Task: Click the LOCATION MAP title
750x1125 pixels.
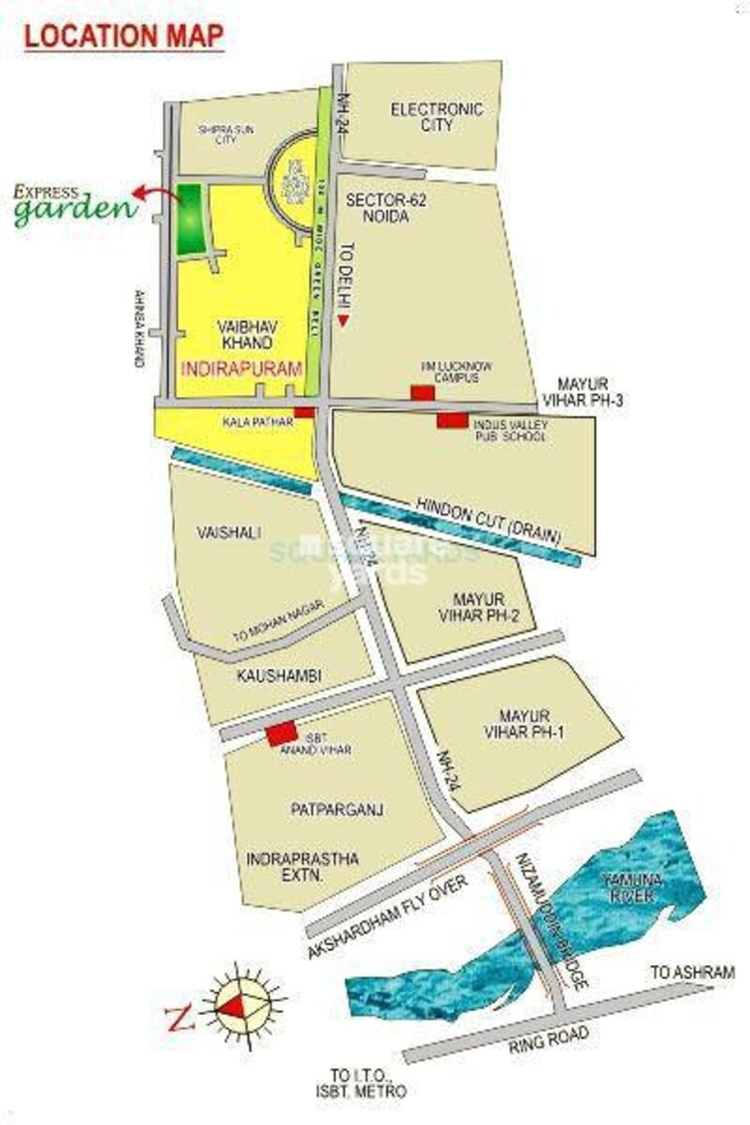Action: [123, 36]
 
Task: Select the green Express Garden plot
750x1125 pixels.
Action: [189, 221]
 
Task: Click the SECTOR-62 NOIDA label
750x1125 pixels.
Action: [377, 208]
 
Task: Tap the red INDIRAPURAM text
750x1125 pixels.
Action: [241, 367]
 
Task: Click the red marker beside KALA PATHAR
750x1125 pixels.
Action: [305, 412]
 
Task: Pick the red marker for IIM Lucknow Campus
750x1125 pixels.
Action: [422, 393]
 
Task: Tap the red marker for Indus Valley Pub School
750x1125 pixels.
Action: [452, 421]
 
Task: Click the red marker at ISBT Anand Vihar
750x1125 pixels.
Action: [280, 735]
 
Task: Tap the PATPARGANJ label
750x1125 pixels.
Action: [338, 810]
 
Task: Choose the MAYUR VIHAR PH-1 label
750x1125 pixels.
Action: [525, 724]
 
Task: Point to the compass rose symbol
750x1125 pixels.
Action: [242, 1006]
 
